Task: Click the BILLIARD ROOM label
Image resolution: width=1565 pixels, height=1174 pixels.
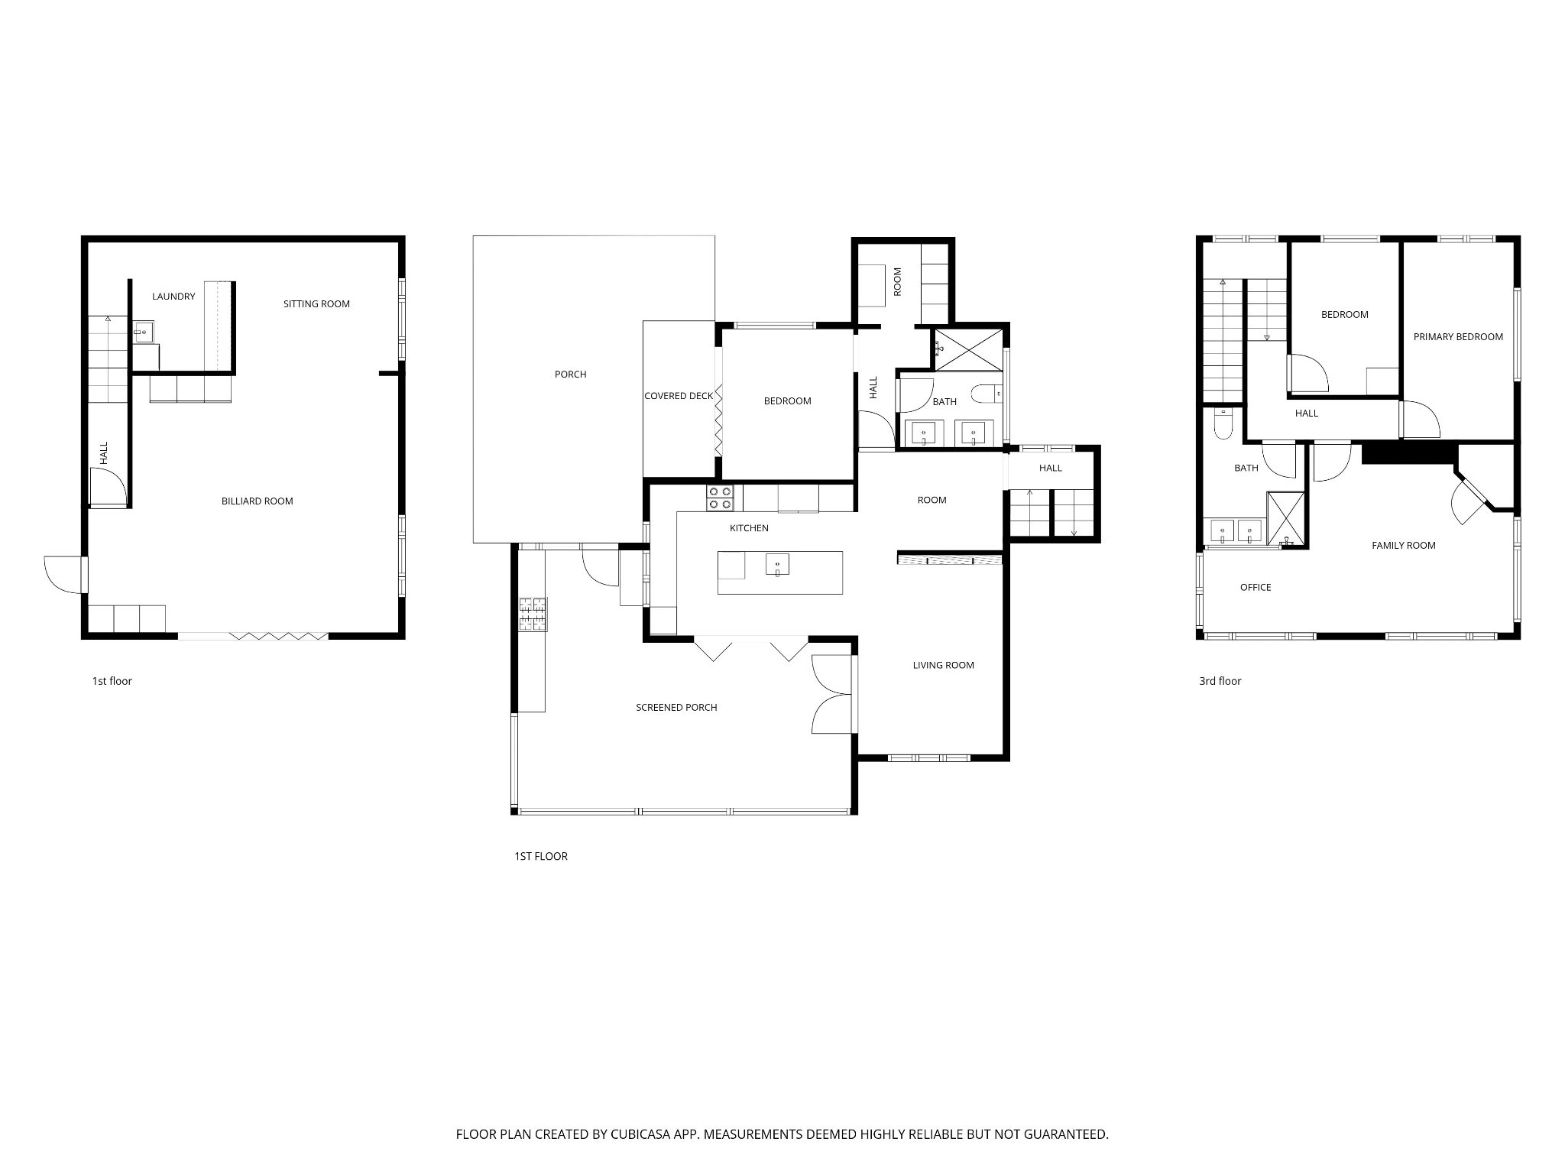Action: [258, 501]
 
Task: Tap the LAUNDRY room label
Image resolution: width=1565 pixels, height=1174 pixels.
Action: [173, 297]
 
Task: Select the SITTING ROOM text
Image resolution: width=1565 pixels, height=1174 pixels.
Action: [316, 304]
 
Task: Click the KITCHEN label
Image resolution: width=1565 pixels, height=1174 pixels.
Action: [749, 528]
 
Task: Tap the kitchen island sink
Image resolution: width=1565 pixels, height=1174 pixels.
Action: [777, 564]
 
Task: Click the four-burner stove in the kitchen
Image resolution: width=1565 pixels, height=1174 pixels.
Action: [721, 498]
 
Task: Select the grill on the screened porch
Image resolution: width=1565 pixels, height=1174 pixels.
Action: [533, 615]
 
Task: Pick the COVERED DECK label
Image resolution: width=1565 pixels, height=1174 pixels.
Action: [679, 396]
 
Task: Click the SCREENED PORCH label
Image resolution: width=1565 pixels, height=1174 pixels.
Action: [676, 708]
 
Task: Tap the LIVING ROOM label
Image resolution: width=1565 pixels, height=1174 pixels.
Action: [943, 666]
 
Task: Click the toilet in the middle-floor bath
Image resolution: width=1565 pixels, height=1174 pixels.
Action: [987, 394]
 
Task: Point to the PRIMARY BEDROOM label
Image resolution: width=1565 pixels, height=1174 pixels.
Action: [1458, 337]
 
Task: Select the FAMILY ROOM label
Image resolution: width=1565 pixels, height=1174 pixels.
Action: [1403, 546]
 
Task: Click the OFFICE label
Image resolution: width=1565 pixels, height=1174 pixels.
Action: [1256, 588]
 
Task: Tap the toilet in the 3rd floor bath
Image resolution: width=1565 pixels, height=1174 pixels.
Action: [1222, 425]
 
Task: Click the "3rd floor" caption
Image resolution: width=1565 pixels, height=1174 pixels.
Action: [1220, 681]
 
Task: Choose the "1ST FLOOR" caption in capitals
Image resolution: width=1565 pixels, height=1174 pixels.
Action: [541, 857]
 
